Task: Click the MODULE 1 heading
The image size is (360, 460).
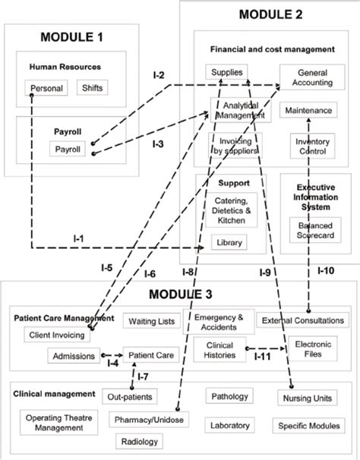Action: point(71,36)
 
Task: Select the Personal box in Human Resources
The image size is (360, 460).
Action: point(46,88)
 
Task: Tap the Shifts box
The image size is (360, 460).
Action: point(92,88)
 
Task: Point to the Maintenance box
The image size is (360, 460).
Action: point(308,111)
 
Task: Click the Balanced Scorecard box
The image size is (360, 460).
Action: point(310,230)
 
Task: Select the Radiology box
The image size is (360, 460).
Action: point(139,441)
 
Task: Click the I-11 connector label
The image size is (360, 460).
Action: point(262,355)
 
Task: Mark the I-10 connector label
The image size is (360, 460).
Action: point(324,271)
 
